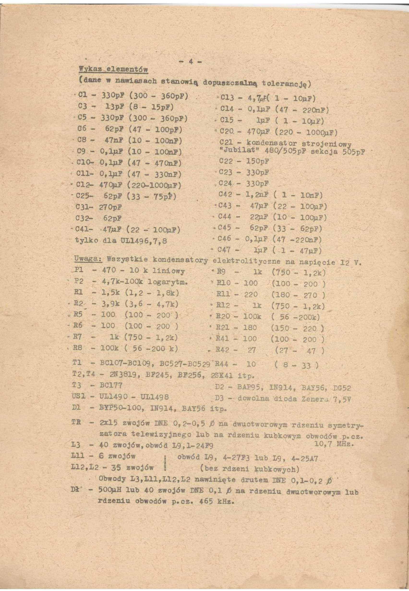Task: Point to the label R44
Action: point(224,364)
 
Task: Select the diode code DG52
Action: point(342,388)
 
